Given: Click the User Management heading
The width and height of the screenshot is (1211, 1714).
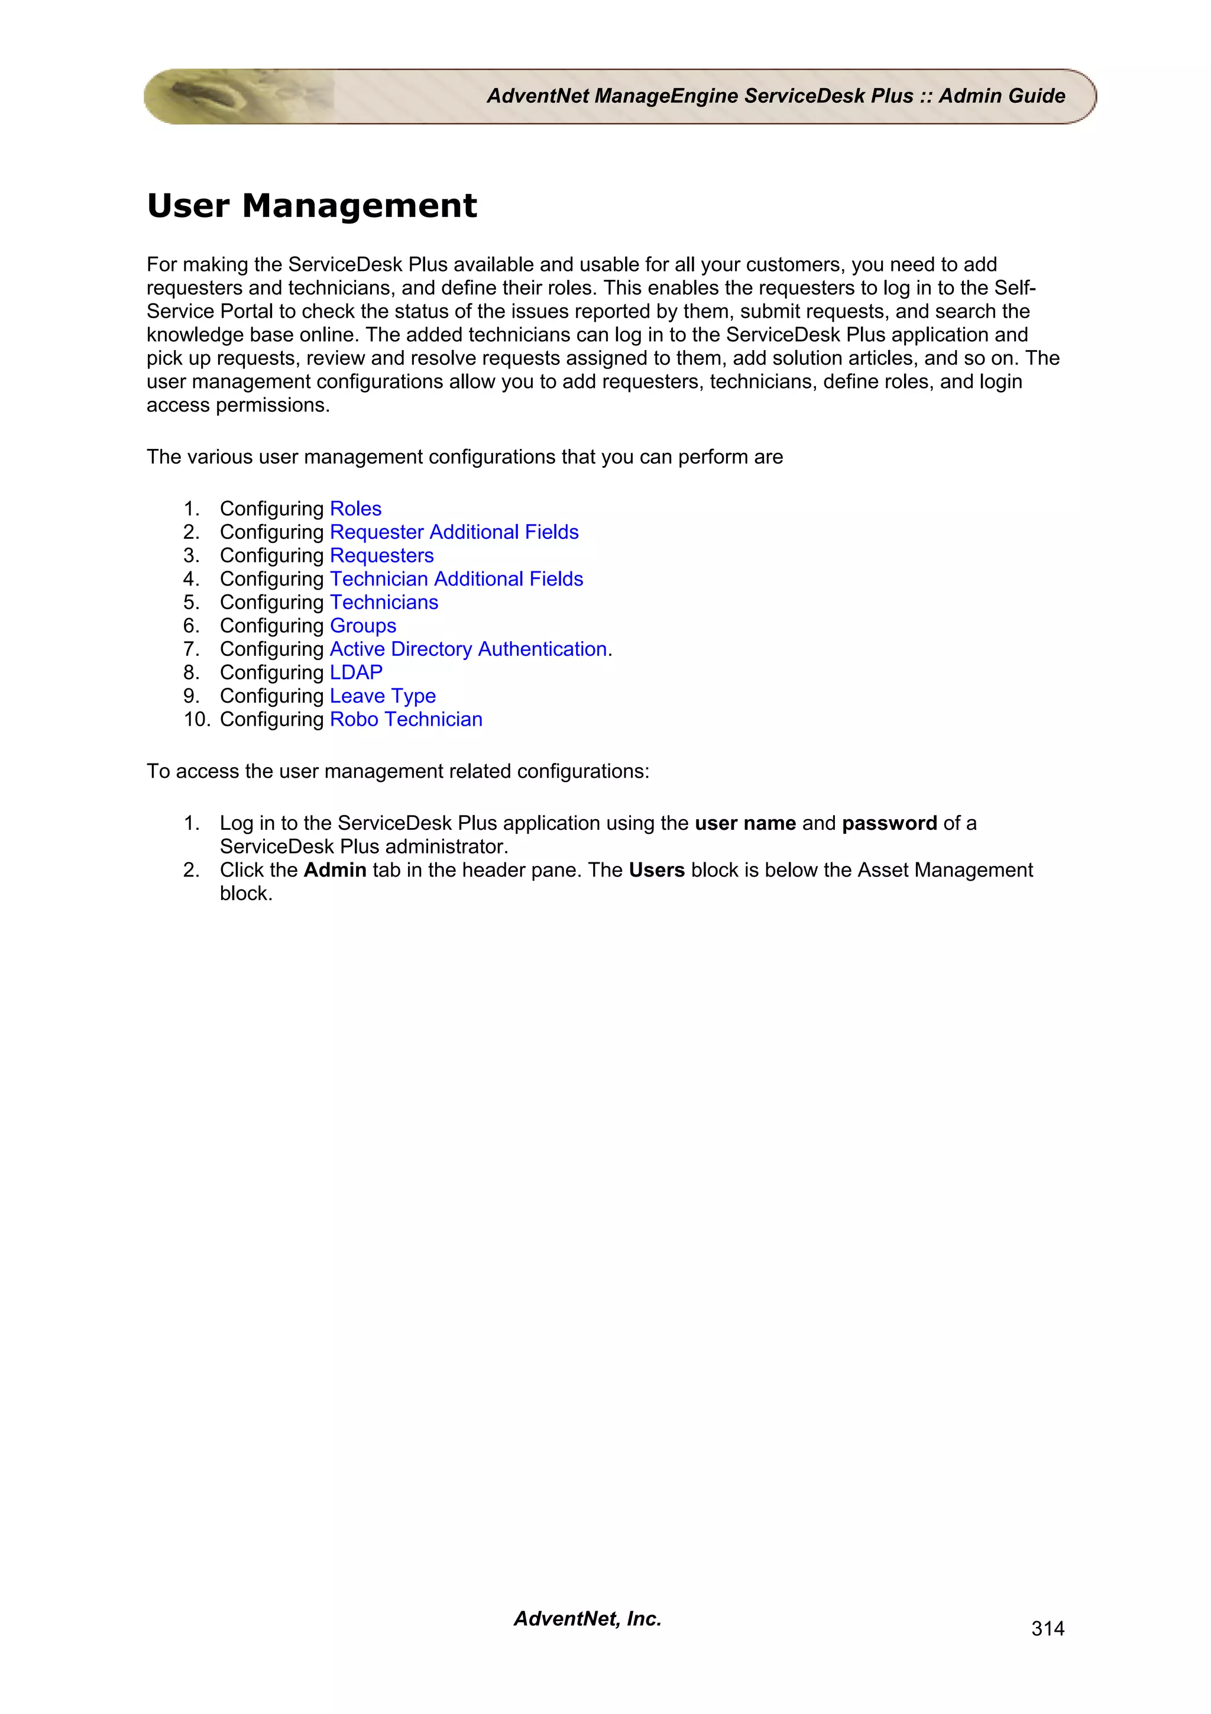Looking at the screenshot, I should click(x=311, y=205).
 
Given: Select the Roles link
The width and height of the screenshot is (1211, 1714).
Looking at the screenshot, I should click(x=355, y=509).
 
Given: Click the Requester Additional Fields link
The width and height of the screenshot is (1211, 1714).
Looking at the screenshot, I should click(x=454, y=532).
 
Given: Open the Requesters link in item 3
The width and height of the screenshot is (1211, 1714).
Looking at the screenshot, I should click(x=381, y=555).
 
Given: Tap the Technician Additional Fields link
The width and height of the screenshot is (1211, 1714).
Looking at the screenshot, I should click(x=456, y=578).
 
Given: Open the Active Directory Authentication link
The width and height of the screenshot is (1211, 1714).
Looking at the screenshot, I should click(x=468, y=649).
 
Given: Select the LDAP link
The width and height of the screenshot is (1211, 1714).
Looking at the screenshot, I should click(x=356, y=672).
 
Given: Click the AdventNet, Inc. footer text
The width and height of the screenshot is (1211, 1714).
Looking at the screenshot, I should click(x=587, y=1618).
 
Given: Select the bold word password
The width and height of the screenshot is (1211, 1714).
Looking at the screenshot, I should click(x=889, y=823).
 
